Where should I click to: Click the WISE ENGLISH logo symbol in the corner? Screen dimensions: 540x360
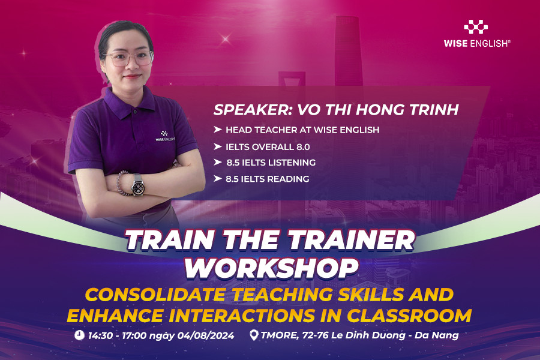[476, 27]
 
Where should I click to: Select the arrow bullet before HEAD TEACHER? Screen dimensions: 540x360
[217, 130]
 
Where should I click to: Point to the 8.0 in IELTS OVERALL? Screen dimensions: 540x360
[303, 147]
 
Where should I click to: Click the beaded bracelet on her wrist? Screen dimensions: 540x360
[121, 182]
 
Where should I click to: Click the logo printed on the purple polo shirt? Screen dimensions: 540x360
[165, 136]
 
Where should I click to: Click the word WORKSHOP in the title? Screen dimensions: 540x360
[272, 268]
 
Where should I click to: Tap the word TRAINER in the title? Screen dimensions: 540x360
[351, 240]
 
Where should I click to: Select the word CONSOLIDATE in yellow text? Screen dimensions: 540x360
[155, 295]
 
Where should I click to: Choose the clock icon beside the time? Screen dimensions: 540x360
[80, 335]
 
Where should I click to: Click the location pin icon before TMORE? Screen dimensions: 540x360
[254, 335]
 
